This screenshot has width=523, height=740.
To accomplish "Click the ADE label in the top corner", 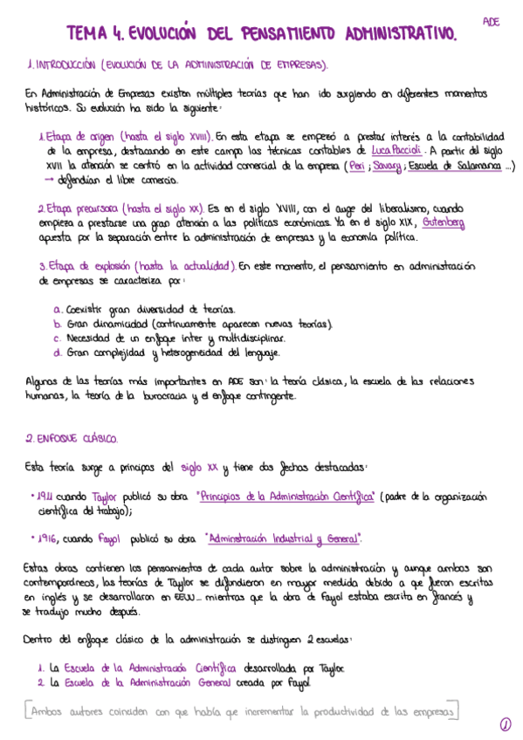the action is click(x=491, y=22).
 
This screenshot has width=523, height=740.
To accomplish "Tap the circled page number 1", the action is click(x=505, y=723).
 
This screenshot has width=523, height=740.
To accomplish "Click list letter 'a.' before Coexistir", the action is click(x=58, y=309).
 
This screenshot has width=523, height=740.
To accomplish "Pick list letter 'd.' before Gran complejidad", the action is click(x=58, y=353).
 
